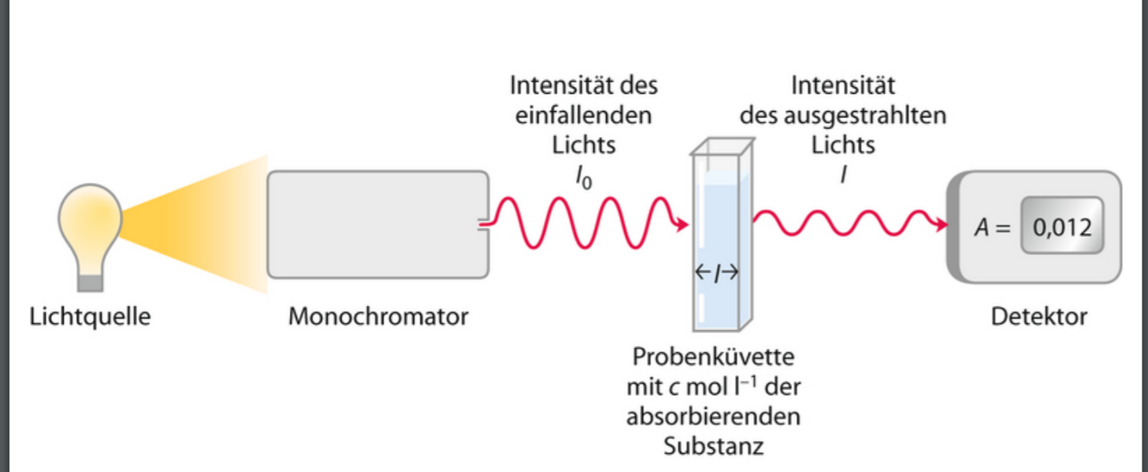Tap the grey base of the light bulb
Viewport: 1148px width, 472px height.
89,280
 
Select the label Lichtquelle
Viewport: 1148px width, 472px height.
89,317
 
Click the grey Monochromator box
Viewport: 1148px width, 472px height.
379,224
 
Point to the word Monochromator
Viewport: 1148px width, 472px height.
379,317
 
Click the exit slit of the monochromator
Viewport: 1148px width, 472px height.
485,226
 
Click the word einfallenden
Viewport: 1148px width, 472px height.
584,115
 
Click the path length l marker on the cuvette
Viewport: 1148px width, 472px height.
716,273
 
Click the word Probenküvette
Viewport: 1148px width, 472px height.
715,357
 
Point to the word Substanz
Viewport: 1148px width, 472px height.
715,446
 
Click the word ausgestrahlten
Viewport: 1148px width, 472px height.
867,115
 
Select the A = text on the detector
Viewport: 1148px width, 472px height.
991,228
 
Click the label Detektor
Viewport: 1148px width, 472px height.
1039,317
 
